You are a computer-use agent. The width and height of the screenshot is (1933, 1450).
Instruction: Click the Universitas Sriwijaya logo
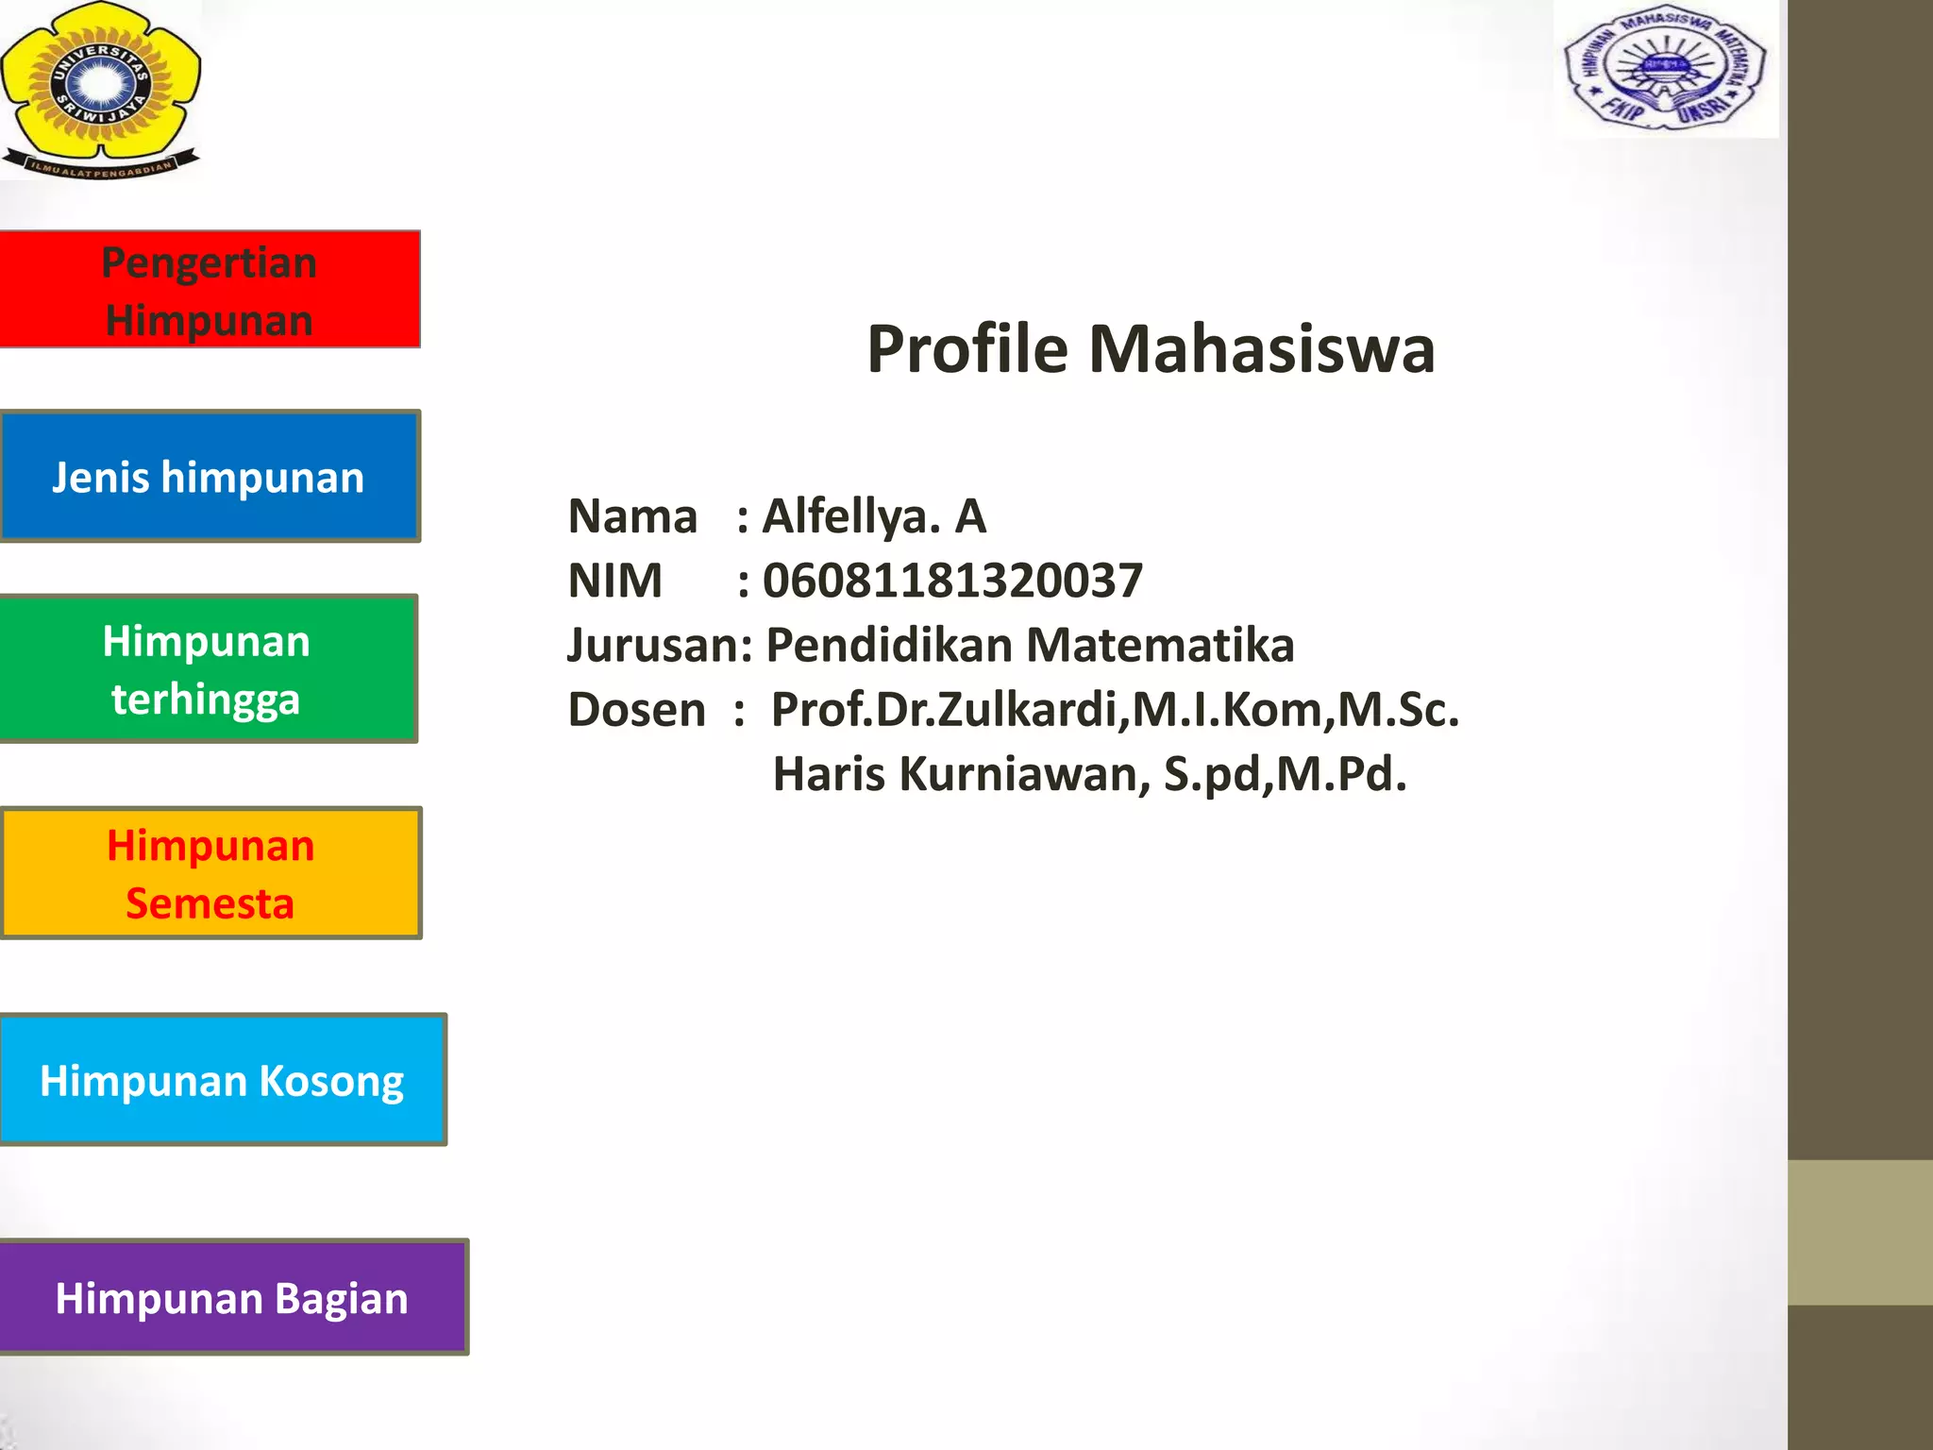100,90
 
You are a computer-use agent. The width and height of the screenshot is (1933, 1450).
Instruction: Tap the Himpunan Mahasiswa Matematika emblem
1666,69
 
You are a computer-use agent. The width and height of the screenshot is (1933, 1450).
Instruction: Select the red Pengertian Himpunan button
210,290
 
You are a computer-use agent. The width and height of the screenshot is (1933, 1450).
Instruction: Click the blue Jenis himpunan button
210,477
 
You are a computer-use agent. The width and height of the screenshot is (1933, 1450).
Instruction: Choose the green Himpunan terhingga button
208,669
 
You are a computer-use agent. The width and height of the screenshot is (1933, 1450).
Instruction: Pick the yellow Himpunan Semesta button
210,873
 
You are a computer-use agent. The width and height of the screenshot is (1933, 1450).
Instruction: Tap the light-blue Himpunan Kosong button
223,1080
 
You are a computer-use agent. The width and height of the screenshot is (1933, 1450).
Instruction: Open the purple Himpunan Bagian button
233,1298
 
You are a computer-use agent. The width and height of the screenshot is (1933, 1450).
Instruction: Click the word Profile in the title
967,349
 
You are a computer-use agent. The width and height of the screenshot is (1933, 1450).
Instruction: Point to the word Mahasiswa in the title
1262,349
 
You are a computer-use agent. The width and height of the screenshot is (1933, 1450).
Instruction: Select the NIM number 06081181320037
952,580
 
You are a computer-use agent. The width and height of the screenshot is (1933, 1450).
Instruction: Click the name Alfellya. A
874,516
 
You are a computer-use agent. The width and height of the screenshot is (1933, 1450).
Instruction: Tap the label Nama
632,516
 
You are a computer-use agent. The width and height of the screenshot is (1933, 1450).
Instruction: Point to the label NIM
614,580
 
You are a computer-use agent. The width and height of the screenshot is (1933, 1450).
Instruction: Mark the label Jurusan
655,646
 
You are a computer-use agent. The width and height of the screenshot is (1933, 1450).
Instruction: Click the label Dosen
636,710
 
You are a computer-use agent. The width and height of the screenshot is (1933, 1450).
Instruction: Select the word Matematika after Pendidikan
1160,646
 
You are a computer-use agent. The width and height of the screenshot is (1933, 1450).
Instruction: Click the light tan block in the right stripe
1860,1232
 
